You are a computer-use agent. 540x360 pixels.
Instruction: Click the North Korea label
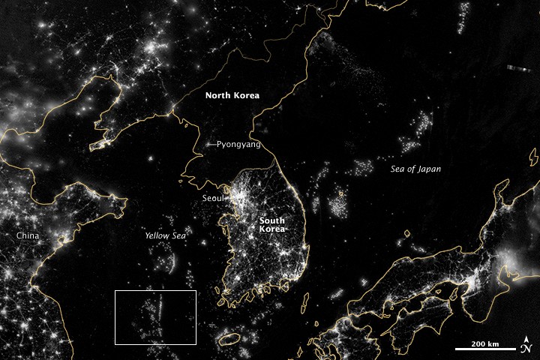click(233, 95)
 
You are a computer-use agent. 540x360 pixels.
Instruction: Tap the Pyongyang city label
click(239, 144)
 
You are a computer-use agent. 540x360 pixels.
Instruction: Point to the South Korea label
click(272, 226)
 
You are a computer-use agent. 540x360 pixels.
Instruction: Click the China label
click(28, 235)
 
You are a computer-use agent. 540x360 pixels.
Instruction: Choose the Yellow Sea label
click(165, 235)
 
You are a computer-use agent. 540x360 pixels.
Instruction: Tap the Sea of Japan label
click(416, 169)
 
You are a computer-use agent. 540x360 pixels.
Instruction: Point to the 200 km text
click(485, 343)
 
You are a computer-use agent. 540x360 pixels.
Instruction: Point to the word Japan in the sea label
click(430, 169)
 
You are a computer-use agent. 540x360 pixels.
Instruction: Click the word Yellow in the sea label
click(155, 235)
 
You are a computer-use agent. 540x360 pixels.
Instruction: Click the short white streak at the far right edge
click(522, 68)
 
